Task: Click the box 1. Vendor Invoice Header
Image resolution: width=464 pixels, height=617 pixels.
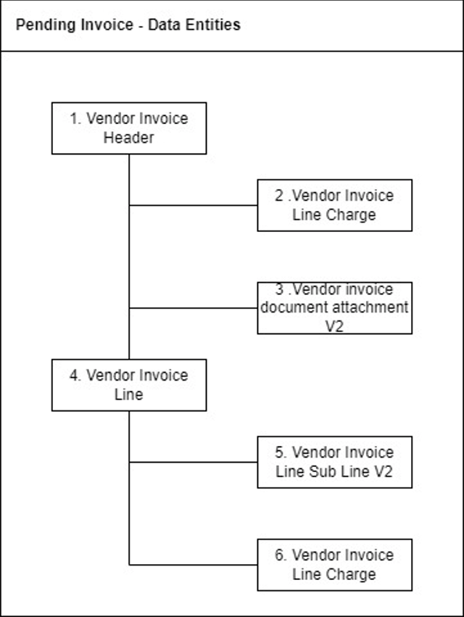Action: point(129,128)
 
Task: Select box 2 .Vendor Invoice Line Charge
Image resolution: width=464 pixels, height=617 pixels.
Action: point(334,205)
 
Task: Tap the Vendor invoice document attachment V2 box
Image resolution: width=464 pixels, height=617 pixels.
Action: point(334,308)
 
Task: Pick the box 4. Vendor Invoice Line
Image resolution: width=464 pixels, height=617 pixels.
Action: point(129,385)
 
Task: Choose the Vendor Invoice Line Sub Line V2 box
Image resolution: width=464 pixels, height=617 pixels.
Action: point(334,462)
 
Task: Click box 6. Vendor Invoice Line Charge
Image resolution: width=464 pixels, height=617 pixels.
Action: point(334,565)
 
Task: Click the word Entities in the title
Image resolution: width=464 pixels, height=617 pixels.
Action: point(213,25)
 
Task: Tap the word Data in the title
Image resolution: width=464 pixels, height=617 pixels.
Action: point(164,25)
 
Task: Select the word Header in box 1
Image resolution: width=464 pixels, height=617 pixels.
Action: point(128,138)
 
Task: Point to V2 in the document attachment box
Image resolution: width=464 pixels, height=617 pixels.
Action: point(334,326)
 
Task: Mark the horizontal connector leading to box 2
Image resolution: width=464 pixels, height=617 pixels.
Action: point(193,205)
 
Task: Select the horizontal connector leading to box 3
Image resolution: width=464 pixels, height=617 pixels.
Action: point(193,308)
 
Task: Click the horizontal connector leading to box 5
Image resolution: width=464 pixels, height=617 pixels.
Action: point(193,462)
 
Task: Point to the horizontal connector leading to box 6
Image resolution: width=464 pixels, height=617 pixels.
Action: point(193,565)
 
